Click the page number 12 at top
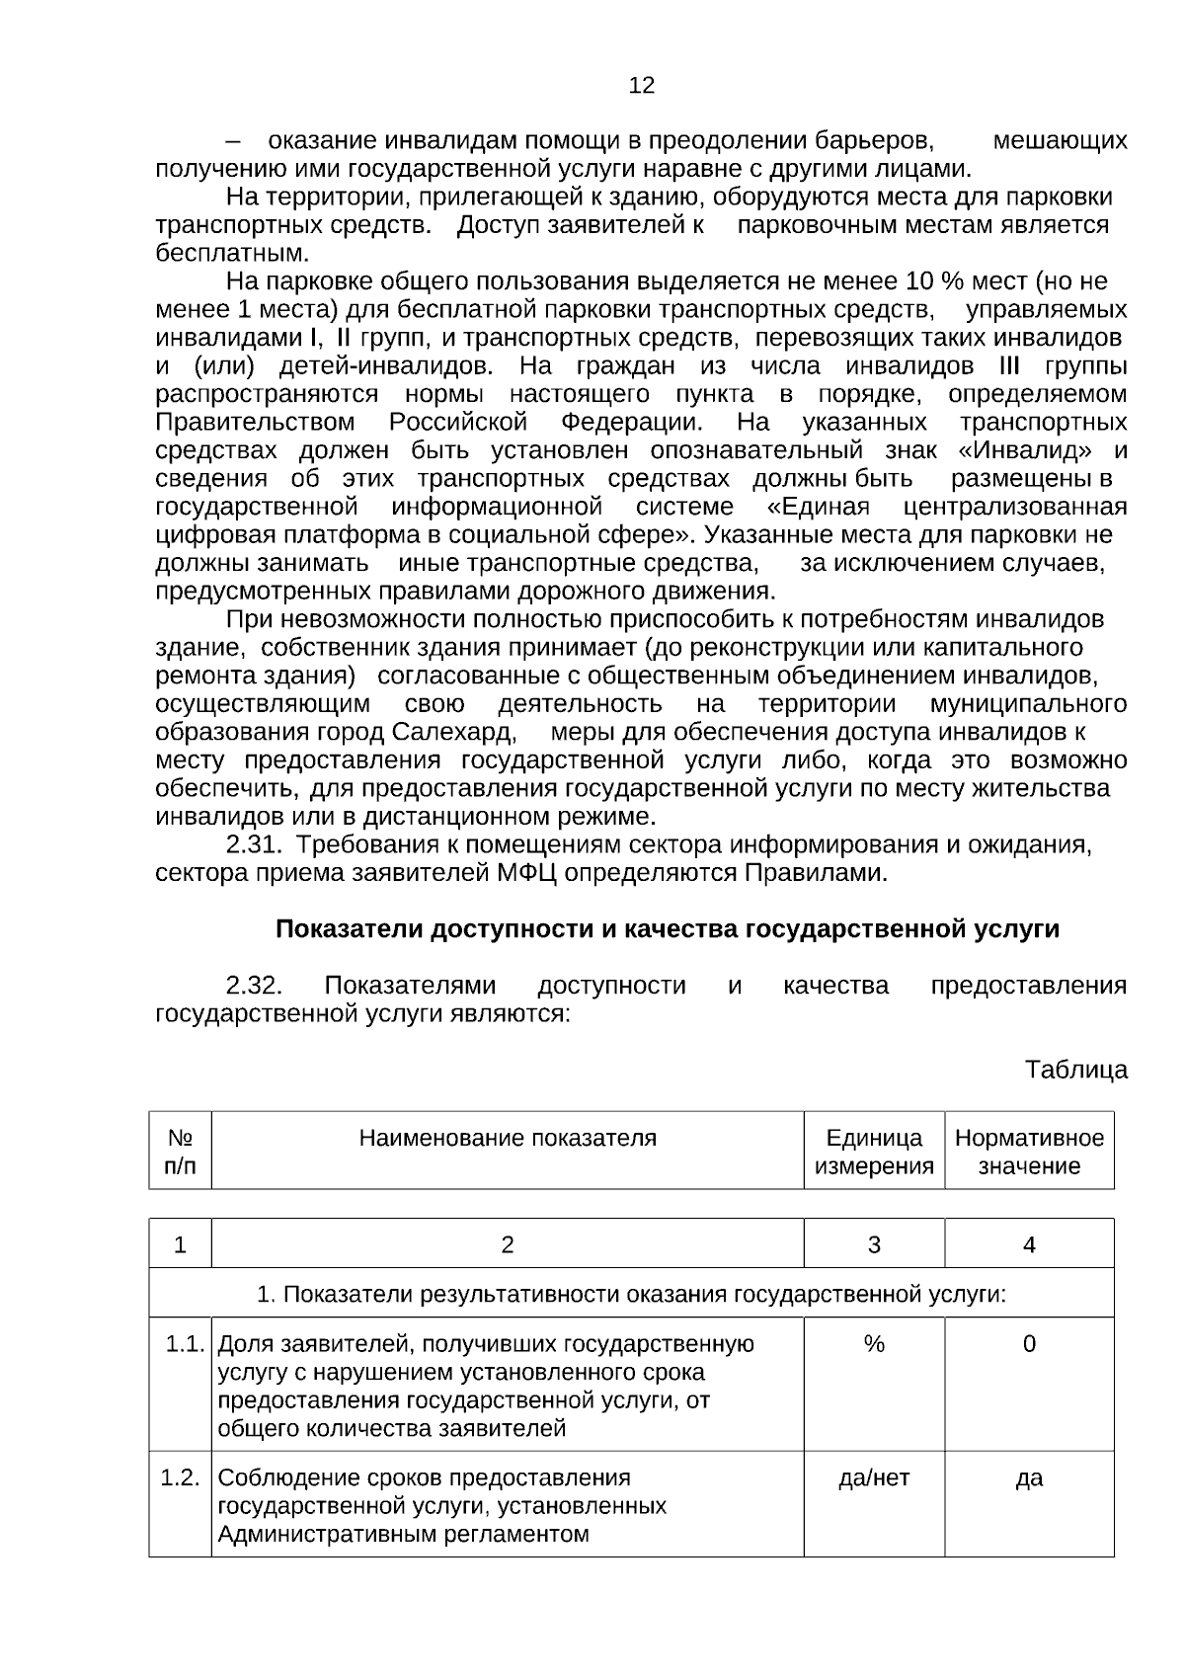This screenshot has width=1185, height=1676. click(x=641, y=85)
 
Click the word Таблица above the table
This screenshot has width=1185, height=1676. click(x=1075, y=1070)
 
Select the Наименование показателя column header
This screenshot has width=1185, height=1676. click(x=507, y=1138)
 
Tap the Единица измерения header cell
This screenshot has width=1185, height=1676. click(x=874, y=1152)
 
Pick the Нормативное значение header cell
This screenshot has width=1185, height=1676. click(x=1029, y=1152)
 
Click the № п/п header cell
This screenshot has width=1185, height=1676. click(x=180, y=1152)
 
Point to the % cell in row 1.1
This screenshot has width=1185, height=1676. click(x=874, y=1344)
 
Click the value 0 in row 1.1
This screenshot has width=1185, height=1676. click(x=1029, y=1344)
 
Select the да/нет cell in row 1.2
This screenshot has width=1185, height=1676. click(x=874, y=1477)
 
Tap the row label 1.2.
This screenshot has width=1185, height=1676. click(x=180, y=1477)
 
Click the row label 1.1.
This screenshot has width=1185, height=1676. click(x=184, y=1344)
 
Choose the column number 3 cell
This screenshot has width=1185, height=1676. click(x=874, y=1244)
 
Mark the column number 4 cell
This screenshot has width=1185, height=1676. click(x=1029, y=1244)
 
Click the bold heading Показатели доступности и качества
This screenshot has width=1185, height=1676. click(x=667, y=929)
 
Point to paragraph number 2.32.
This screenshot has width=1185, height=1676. click(x=255, y=986)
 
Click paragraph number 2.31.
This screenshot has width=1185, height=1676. click(x=255, y=845)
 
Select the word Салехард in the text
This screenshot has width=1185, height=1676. click(x=452, y=733)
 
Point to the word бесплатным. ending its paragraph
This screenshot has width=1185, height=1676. click(x=218, y=254)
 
